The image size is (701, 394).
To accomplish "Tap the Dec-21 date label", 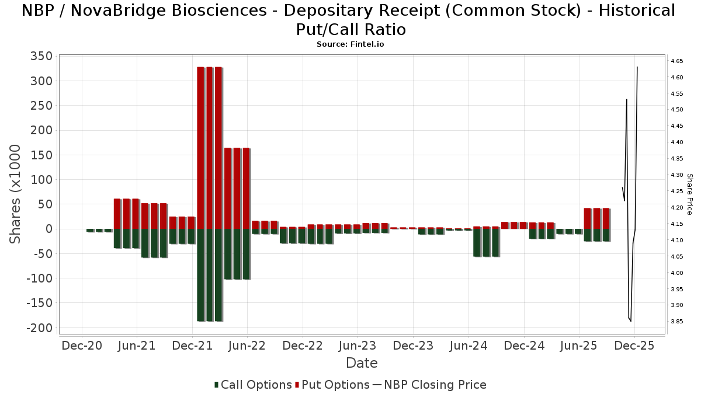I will [x=192, y=345].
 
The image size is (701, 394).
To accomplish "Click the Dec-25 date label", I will [x=634, y=345].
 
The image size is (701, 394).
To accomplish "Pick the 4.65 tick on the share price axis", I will [x=677, y=61].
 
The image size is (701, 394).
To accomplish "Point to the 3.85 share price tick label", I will [x=677, y=322].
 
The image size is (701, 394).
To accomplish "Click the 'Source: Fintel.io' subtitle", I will [x=350, y=44].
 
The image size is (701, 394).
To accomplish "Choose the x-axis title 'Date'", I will [x=362, y=363].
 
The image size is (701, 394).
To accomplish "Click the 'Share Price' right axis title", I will [x=689, y=194].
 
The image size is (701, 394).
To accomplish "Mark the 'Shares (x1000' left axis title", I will [x=16, y=194].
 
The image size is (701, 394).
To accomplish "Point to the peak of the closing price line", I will [x=637, y=67].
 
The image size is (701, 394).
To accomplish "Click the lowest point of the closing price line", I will [x=630, y=321].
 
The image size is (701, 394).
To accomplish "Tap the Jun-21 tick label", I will [x=137, y=345].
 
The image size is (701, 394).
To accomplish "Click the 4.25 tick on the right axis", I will [x=677, y=191].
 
